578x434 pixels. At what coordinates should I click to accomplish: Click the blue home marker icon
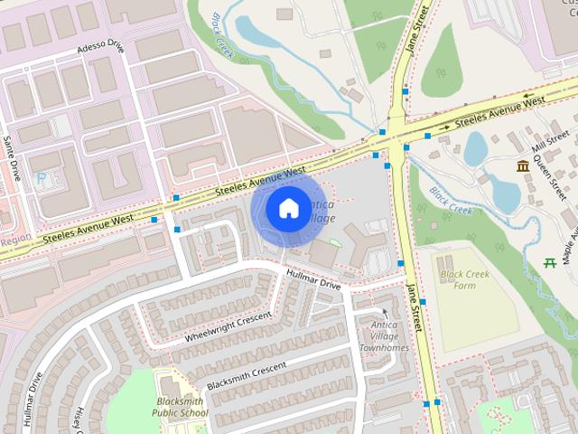[287, 209]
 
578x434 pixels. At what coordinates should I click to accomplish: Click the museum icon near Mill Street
[523, 165]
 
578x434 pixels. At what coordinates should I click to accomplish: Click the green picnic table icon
[550, 263]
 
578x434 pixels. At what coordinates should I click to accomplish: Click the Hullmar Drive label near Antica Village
[313, 278]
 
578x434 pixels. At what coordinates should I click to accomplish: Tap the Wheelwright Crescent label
[228, 325]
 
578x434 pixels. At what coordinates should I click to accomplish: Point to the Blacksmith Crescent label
[247, 376]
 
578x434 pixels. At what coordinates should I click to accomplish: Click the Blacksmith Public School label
[181, 407]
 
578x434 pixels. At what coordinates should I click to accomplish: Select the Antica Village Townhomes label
[385, 335]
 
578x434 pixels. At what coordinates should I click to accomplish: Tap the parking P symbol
[41, 179]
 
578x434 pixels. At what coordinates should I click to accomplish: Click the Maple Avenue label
[570, 234]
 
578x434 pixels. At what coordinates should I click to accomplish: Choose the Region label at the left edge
[15, 240]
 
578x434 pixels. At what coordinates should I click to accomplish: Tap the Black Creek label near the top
[222, 35]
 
